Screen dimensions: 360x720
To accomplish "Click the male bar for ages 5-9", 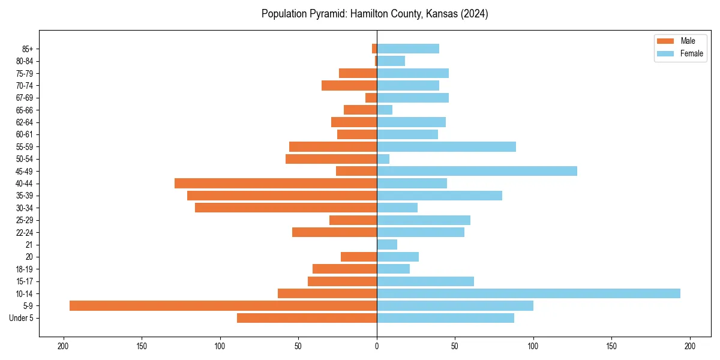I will [223, 305].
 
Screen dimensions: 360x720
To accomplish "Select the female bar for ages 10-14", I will [528, 293].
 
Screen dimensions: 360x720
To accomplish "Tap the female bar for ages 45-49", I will [477, 171].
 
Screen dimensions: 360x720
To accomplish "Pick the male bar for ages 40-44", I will [276, 183].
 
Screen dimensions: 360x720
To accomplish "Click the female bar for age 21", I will [387, 244].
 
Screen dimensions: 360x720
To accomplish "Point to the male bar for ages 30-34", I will [286, 208].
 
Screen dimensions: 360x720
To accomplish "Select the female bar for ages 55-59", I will [446, 146].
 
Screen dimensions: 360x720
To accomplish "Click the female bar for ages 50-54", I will [383, 159].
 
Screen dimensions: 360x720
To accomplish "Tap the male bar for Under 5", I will [307, 318].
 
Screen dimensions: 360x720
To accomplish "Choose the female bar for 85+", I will [408, 49].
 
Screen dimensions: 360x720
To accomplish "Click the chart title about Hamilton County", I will [374, 14].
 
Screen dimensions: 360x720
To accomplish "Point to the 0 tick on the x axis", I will [377, 346].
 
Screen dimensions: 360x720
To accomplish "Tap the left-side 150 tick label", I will [142, 346].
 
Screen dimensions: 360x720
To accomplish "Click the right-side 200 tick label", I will [690, 346].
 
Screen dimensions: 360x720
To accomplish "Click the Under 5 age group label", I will [21, 318].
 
